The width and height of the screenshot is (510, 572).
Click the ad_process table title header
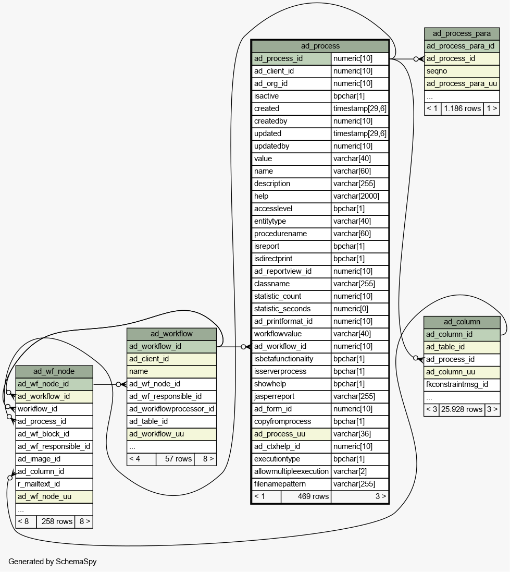point(320,46)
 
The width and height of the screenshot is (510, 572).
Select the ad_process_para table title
point(462,33)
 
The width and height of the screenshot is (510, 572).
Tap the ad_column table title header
point(462,322)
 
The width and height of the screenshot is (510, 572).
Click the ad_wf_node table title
point(54,371)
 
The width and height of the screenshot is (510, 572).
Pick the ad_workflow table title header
point(171,334)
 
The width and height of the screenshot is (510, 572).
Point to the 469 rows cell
point(313,496)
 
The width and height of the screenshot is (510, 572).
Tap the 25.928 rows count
point(462,409)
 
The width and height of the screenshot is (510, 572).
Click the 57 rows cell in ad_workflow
point(178,459)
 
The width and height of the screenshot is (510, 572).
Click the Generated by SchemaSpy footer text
point(53,562)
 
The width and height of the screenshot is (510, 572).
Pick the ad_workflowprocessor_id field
point(171,409)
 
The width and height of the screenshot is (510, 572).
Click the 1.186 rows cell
point(462,108)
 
